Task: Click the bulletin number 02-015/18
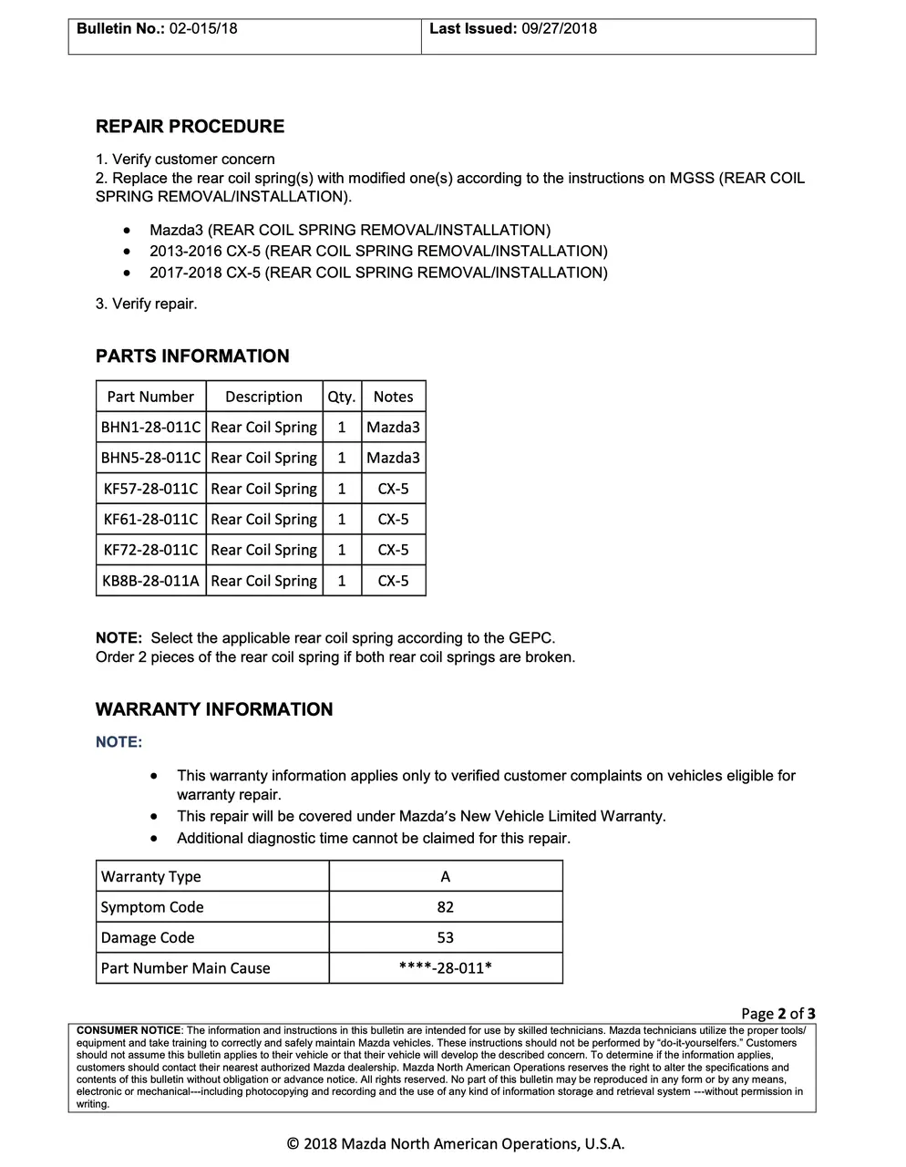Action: click(x=202, y=28)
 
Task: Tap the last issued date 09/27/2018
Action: click(x=559, y=28)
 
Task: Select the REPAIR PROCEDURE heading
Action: click(x=190, y=127)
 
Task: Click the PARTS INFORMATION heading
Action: click(x=192, y=356)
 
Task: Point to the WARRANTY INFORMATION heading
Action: click(x=214, y=709)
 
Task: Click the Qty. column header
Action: click(x=342, y=397)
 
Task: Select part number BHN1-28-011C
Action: click(x=150, y=427)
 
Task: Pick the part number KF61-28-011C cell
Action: click(x=150, y=519)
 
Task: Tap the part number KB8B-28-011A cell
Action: click(x=150, y=581)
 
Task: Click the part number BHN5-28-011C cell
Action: click(x=150, y=458)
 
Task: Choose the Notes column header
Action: click(x=393, y=397)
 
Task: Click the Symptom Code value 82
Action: click(x=446, y=907)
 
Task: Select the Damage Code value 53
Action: click(x=446, y=937)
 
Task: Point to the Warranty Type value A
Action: click(x=446, y=876)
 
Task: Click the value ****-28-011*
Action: click(x=446, y=968)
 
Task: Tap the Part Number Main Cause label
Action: click(x=185, y=968)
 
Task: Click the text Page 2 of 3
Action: click(x=777, y=1013)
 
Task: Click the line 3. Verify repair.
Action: click(x=146, y=304)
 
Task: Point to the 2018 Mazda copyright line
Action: click(x=456, y=1143)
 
